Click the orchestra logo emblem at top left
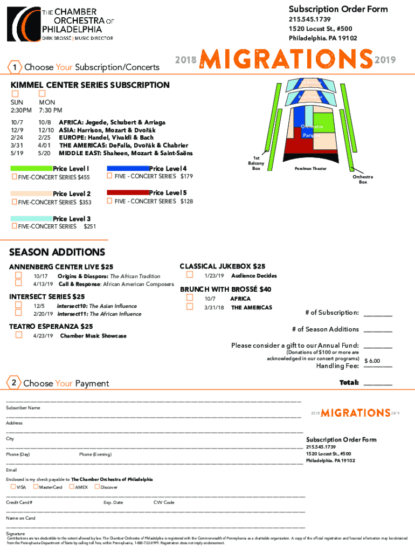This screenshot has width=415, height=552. [24, 24]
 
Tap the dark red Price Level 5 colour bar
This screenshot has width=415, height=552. [128, 192]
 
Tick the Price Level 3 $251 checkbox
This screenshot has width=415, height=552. [14, 226]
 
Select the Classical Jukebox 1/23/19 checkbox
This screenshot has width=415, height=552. [189, 275]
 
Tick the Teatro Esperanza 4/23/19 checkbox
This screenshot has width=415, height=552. [18, 335]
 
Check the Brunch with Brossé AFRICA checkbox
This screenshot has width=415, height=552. [189, 298]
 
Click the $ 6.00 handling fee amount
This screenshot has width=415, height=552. [372, 361]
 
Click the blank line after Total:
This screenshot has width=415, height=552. [378, 383]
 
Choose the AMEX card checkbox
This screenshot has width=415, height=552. [71, 487]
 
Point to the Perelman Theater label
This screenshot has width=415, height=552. [310, 168]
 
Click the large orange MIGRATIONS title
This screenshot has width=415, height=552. [286, 60]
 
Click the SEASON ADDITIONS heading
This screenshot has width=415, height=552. [57, 252]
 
